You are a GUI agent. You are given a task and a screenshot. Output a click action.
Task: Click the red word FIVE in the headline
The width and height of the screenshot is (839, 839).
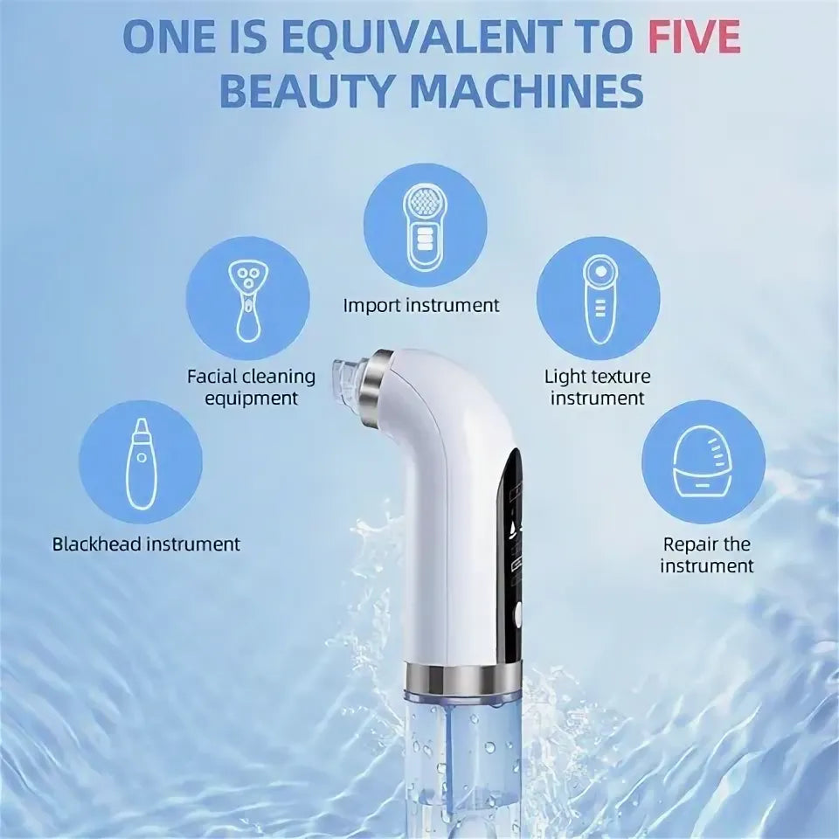[695, 37]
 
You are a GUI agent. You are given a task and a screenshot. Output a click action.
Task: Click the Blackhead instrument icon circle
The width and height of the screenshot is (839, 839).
[141, 462]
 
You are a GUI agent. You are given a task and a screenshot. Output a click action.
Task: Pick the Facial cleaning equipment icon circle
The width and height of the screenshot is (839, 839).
[247, 298]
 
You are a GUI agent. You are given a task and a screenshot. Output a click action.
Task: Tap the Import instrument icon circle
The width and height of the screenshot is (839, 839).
[426, 225]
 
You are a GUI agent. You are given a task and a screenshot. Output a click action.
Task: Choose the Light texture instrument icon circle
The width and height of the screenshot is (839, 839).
[598, 298]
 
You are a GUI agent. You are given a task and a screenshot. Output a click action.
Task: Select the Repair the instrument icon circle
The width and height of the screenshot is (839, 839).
[704, 462]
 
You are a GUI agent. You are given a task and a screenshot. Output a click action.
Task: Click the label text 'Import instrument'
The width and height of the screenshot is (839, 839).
[421, 306]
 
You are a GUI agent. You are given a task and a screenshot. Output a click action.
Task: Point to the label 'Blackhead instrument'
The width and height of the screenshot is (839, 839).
[146, 544]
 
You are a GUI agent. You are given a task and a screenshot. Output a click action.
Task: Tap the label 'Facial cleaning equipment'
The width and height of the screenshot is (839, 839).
[251, 387]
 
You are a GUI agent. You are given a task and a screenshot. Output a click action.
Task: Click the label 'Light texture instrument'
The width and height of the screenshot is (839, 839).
[598, 387]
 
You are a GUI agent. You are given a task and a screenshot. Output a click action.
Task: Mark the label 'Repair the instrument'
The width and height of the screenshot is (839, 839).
[706, 555]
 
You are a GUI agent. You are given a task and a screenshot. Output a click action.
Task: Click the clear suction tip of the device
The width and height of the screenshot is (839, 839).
[347, 378]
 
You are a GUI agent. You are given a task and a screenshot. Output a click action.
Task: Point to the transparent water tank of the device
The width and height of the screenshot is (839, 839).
[463, 766]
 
